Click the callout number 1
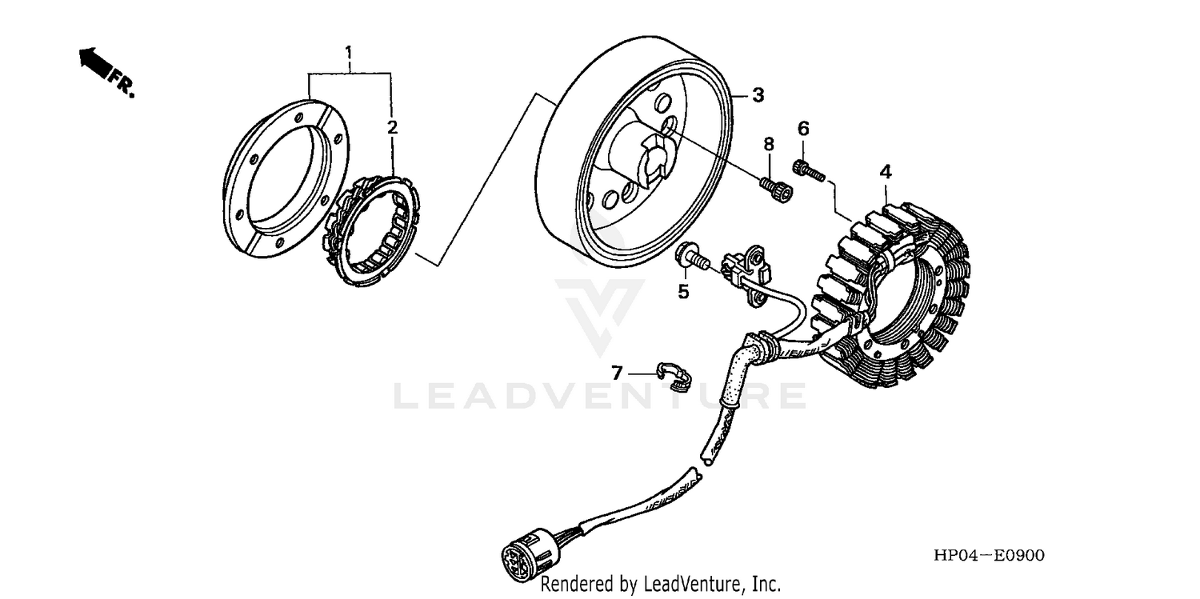pos(349,54)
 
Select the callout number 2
pos(392,127)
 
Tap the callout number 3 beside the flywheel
pos(758,95)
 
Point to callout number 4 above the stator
pos(886,171)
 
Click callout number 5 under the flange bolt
pos(683,292)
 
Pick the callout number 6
pos(803,129)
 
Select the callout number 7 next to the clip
pos(617,373)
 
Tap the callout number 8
pos(769,144)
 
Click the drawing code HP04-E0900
pos(986,556)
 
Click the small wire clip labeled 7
pos(674,375)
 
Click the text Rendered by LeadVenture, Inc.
pos(660,585)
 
